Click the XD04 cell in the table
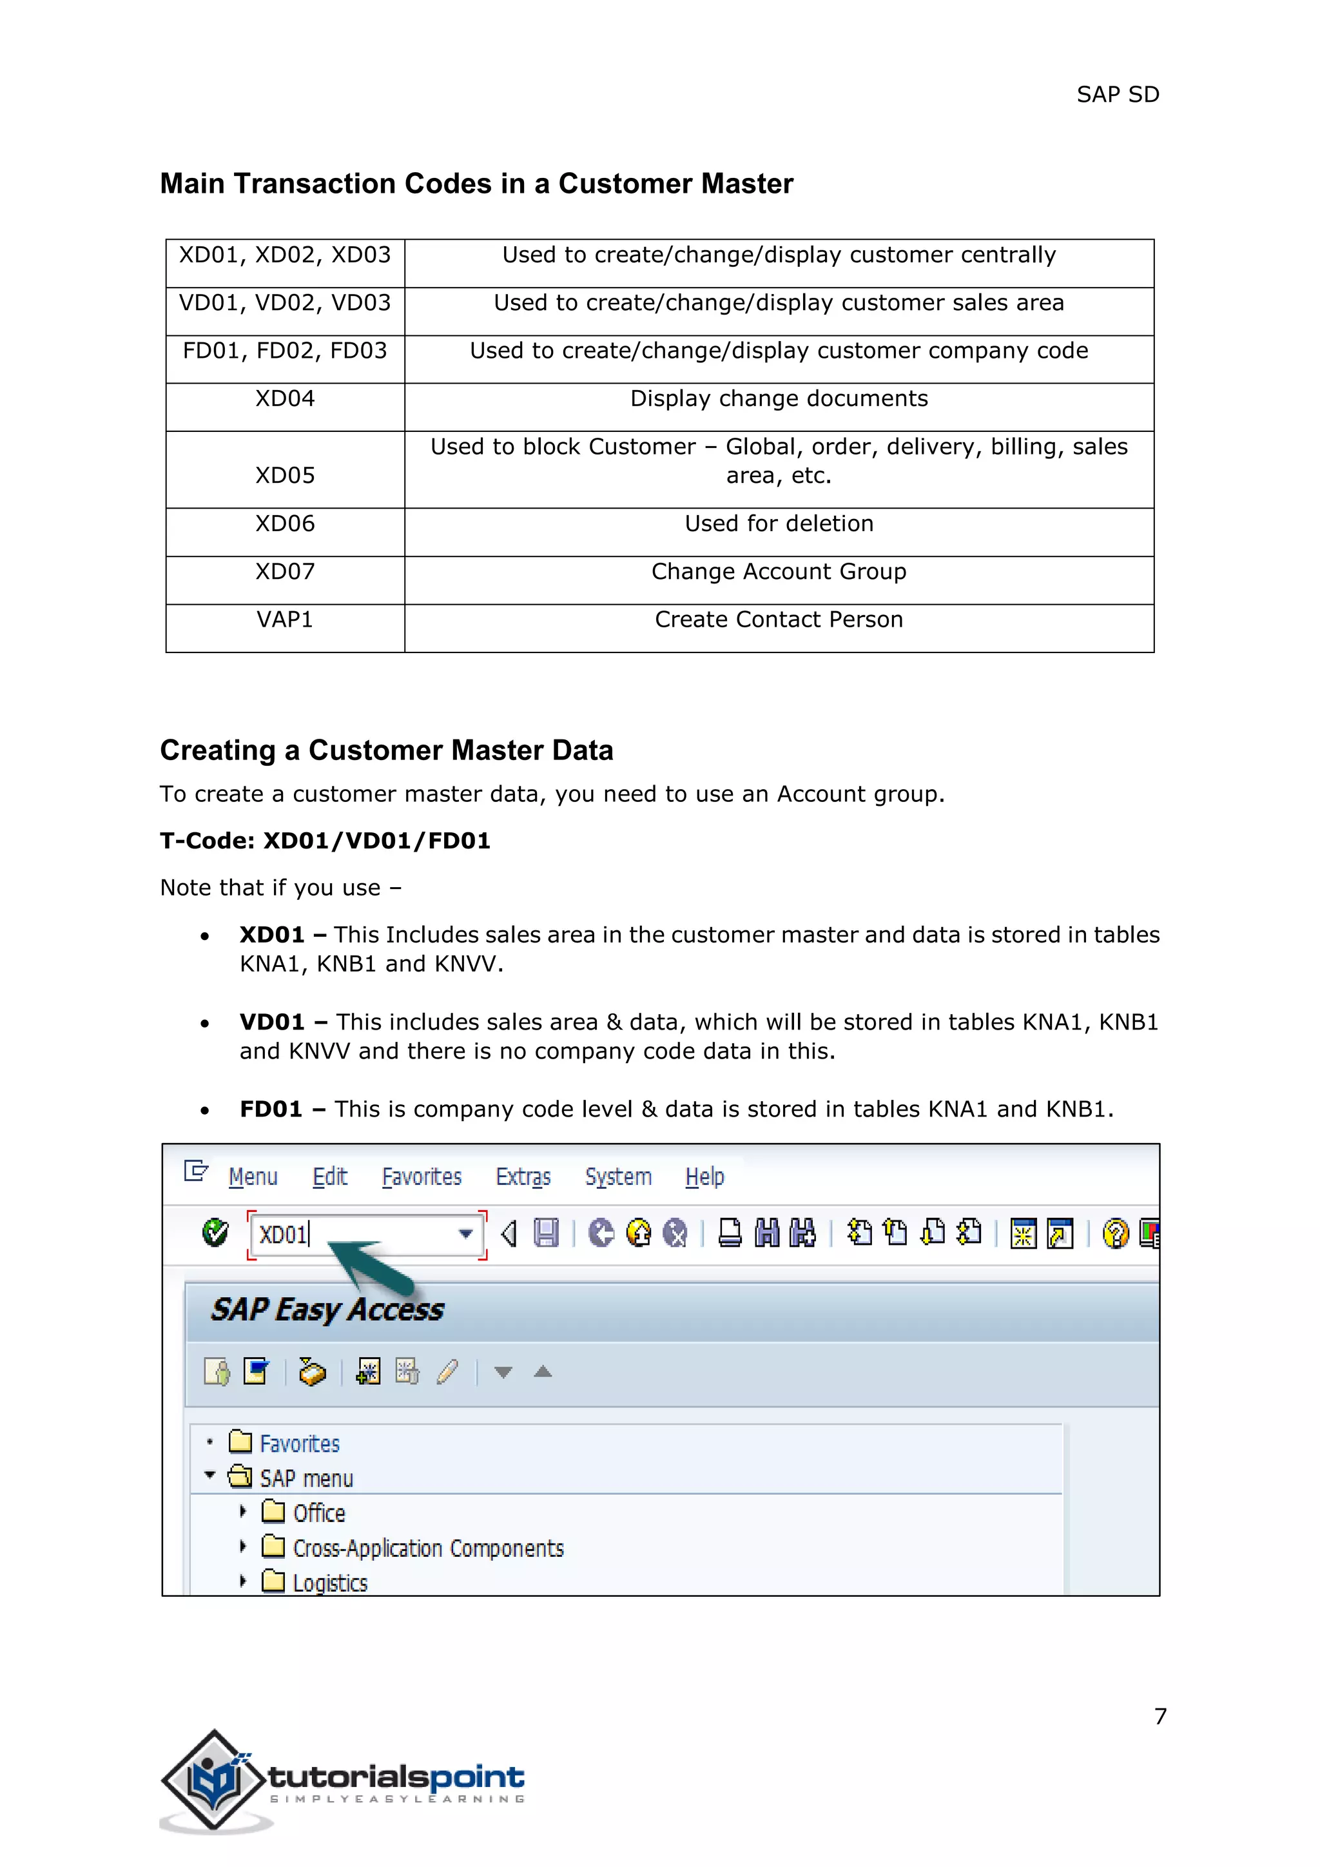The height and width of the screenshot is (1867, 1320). [284, 399]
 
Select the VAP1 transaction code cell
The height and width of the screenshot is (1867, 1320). [284, 620]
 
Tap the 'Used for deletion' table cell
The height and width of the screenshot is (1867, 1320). [779, 525]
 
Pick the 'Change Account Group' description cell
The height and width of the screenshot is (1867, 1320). [779, 572]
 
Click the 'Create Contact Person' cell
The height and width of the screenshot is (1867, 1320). [779, 620]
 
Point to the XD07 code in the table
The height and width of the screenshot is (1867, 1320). [284, 572]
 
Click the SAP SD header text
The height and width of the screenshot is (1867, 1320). [1117, 95]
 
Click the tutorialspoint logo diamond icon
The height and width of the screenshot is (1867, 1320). [214, 1781]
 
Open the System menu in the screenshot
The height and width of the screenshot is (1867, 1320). [617, 1177]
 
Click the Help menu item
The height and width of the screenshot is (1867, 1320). [704, 1177]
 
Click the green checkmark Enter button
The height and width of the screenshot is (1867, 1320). [215, 1233]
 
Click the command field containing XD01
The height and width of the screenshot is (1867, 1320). [349, 1235]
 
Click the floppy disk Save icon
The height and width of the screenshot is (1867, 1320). [546, 1233]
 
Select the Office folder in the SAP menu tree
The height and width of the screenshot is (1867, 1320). [318, 1513]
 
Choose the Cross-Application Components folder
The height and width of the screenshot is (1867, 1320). [427, 1549]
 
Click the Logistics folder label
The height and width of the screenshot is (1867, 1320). [329, 1583]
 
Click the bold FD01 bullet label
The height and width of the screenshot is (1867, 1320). [271, 1110]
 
